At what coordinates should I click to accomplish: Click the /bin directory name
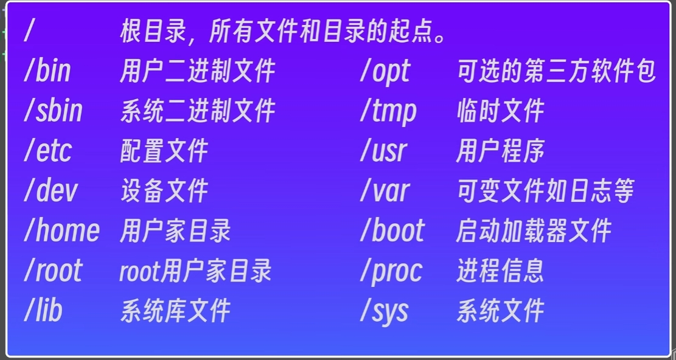tap(47, 72)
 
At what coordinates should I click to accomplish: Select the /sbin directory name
tap(53, 111)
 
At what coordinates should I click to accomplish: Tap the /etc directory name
tap(48, 151)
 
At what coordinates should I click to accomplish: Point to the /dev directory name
tap(51, 191)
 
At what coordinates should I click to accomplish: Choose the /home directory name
tap(61, 230)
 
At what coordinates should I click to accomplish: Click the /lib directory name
tap(43, 311)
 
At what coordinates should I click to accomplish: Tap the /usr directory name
tap(384, 151)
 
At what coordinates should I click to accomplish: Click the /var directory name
tap(385, 191)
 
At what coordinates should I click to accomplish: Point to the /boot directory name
tap(392, 230)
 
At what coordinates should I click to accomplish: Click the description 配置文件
tap(164, 151)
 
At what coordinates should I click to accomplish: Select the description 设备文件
tap(164, 191)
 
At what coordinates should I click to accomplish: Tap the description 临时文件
tap(501, 111)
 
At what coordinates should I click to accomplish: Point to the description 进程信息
tap(500, 271)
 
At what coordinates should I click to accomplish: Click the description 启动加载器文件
tap(534, 230)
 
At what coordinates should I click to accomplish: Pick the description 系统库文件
tap(175, 311)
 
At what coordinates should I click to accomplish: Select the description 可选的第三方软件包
tap(556, 72)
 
